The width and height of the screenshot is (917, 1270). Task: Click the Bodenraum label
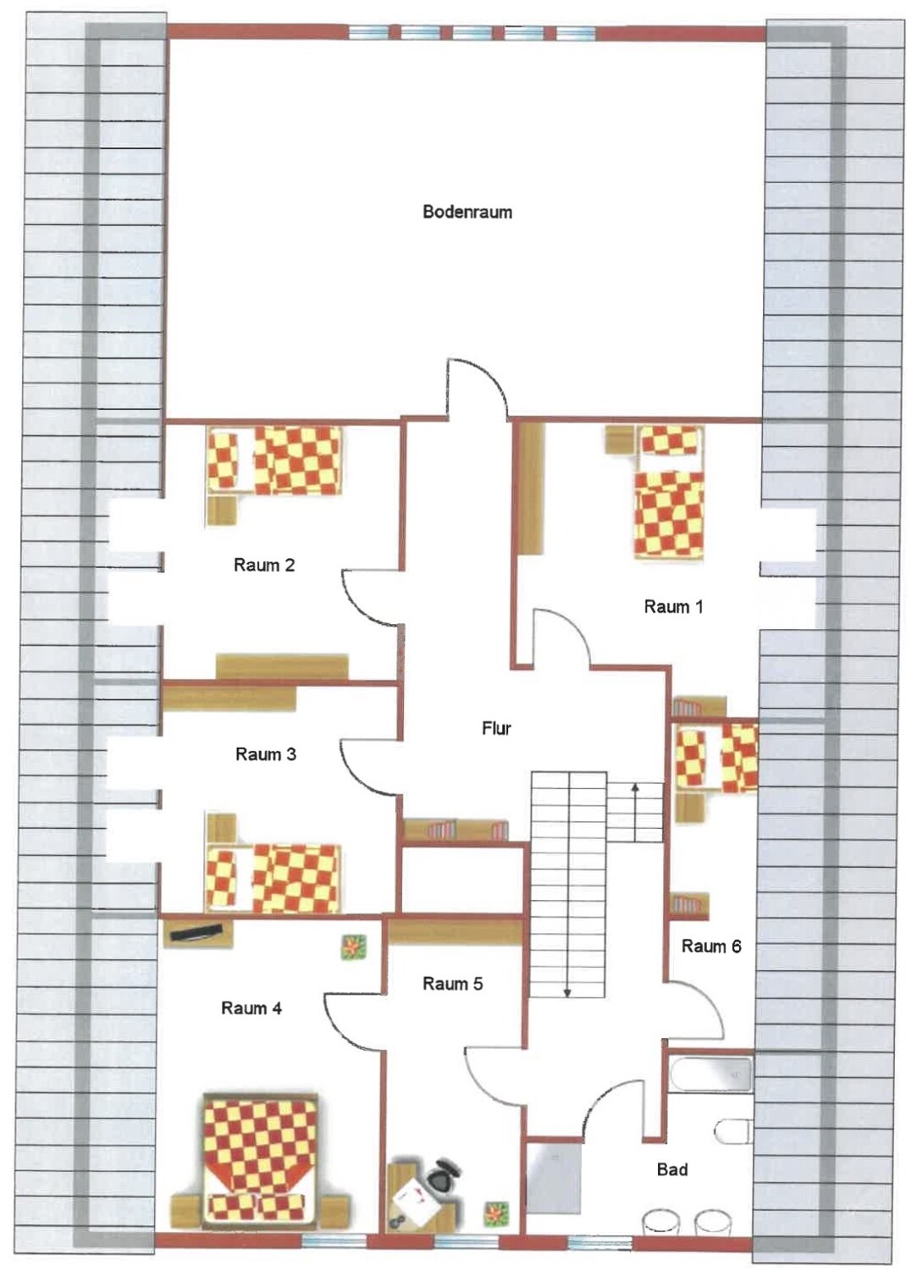coord(467,212)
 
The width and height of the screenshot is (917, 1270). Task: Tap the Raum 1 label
coord(673,607)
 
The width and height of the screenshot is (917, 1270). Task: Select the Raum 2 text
coord(264,565)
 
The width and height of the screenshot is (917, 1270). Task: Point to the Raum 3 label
coord(265,754)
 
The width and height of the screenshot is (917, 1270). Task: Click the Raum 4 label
coord(251,1008)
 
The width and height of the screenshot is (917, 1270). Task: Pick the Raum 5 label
coord(452,984)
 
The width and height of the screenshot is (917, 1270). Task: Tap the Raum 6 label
coord(711,947)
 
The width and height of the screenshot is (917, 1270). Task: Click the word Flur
coord(496,728)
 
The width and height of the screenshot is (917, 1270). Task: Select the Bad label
coord(672,1169)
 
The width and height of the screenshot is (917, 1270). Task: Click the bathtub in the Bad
coord(710,1074)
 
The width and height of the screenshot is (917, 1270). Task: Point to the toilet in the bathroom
coord(732,1132)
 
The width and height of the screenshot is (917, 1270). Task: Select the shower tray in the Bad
coord(555,1182)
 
